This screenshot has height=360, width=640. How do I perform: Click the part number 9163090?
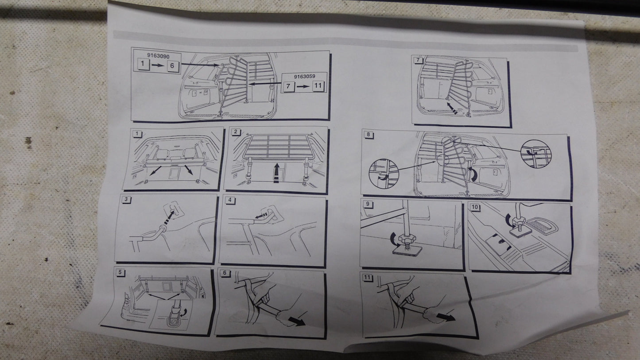click(158, 56)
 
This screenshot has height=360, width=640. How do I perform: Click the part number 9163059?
click(305, 77)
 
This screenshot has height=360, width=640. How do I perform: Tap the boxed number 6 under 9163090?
click(172, 66)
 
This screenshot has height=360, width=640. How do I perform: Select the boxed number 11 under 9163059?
click(318, 85)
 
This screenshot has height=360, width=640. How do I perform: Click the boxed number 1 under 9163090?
click(143, 64)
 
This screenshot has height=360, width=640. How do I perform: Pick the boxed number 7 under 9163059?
click(288, 86)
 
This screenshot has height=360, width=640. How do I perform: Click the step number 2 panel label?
click(236, 132)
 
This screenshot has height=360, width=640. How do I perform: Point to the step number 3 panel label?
click(126, 199)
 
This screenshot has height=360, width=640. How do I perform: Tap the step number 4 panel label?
click(230, 200)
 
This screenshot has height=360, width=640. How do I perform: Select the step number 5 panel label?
click(120, 272)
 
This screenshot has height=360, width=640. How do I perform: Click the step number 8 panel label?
click(368, 134)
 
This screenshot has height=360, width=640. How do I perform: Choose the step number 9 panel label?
click(368, 204)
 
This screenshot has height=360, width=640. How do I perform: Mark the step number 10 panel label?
click(474, 207)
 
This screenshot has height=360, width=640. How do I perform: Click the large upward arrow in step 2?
click(276, 173)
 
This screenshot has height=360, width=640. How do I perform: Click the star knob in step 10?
click(518, 221)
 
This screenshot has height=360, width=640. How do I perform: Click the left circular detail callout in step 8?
click(384, 174)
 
